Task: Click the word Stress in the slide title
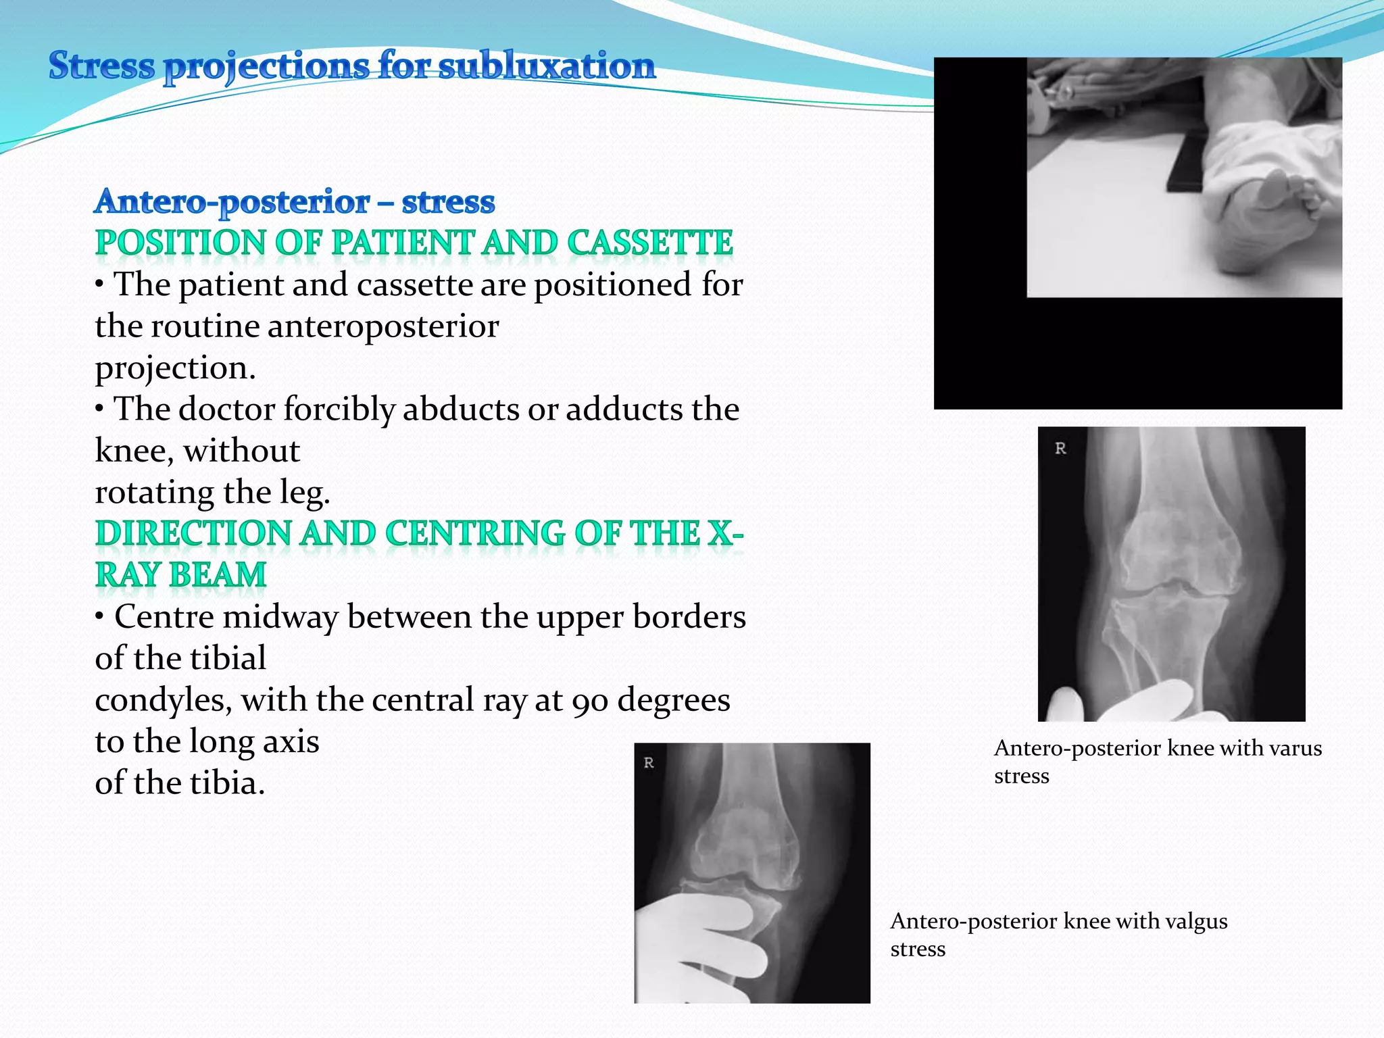[101, 66]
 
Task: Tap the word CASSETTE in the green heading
[649, 243]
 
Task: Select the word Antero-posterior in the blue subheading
[232, 201]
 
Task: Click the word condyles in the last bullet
[162, 700]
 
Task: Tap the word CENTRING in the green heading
[475, 533]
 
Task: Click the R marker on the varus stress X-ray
[1060, 448]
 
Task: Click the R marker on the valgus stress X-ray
[649, 763]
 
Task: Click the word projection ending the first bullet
[175, 368]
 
